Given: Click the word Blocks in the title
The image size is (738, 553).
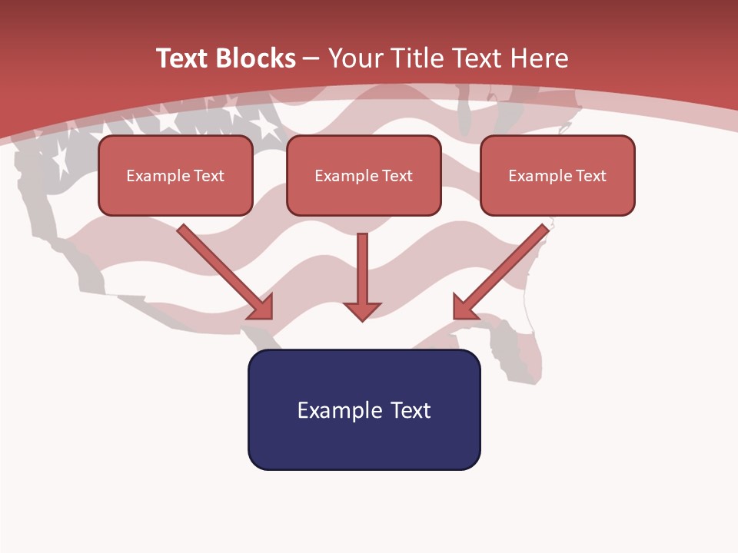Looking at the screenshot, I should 255,58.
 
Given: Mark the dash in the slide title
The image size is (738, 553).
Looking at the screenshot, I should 311,59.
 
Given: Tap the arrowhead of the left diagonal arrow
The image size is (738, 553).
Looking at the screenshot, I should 262,308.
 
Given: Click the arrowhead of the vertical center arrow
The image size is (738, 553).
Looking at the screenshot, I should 362,311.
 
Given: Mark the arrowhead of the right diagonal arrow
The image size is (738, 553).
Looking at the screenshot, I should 464,308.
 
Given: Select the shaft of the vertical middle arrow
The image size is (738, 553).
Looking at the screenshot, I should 362,265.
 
